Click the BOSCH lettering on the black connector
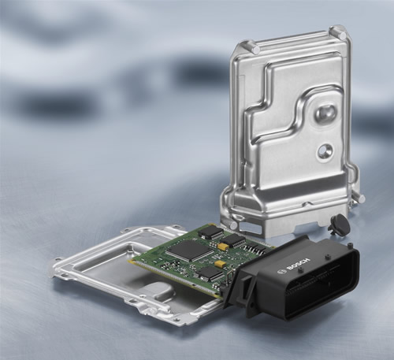point(299,265)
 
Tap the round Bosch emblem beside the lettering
point(282,272)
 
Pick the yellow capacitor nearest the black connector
point(219,264)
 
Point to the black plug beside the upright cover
point(338,223)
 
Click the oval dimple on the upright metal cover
point(325,113)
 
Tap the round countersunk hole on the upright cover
point(325,150)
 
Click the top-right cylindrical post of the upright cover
point(340,33)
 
